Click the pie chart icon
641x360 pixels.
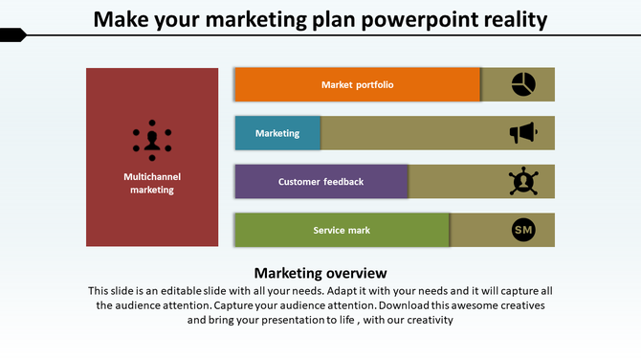(x=523, y=84)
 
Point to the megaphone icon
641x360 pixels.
(x=523, y=133)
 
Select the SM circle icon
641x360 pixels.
(x=523, y=230)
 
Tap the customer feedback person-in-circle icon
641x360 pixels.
(x=523, y=181)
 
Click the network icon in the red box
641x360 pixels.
(x=151, y=140)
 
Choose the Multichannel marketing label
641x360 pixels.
(x=152, y=183)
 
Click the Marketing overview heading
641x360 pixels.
(x=320, y=273)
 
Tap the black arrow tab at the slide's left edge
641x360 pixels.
(x=12, y=35)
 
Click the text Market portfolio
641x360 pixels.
(x=357, y=84)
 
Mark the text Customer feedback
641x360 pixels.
(x=320, y=181)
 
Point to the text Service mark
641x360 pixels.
(x=342, y=230)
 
